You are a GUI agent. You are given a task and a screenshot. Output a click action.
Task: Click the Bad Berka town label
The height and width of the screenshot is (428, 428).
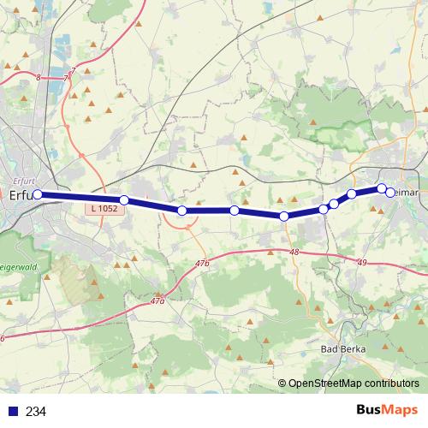point(342,349)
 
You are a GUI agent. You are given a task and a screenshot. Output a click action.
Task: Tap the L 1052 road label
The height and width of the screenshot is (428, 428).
point(104,209)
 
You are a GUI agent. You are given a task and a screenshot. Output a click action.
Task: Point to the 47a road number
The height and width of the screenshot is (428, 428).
point(156,301)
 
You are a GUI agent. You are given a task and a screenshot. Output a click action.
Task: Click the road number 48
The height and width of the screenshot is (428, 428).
point(294,253)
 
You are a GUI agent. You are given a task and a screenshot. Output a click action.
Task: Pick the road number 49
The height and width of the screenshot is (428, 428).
point(362,263)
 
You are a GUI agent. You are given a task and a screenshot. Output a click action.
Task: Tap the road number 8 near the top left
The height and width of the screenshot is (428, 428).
point(39,78)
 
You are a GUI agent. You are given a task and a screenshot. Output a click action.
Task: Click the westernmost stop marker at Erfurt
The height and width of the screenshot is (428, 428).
point(37,193)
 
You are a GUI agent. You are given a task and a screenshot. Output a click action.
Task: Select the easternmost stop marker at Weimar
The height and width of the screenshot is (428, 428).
point(390,193)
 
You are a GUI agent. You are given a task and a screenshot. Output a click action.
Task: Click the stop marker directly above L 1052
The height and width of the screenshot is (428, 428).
point(124,200)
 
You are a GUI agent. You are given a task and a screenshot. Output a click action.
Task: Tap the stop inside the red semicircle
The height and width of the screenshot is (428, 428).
point(181,211)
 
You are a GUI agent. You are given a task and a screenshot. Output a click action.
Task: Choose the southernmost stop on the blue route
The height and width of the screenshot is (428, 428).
point(284,217)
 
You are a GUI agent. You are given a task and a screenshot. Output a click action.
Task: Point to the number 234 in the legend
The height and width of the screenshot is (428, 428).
point(36,412)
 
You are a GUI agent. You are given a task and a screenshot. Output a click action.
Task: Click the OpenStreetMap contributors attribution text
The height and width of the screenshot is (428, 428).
point(354,383)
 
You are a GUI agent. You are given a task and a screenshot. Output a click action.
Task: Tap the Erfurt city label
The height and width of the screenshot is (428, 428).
point(19,194)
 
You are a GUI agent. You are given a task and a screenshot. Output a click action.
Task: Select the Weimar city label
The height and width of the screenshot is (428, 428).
point(407,193)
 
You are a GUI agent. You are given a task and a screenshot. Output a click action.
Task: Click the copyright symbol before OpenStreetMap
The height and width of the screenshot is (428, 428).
point(282,383)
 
